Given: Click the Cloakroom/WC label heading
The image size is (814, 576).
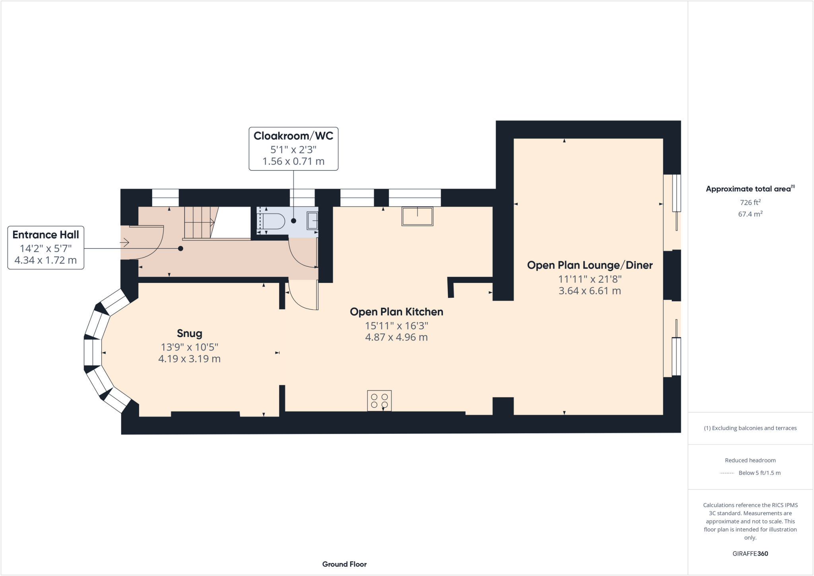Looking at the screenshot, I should pyautogui.click(x=293, y=136).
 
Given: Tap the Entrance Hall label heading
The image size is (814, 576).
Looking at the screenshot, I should pyautogui.click(x=46, y=235).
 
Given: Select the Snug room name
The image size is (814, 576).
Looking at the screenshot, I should pyautogui.click(x=189, y=333).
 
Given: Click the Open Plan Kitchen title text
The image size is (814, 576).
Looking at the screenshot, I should pyautogui.click(x=396, y=312).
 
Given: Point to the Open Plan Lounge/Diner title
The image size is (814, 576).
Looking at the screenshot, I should pyautogui.click(x=589, y=265).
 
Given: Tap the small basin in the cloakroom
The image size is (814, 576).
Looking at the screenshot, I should pyautogui.click(x=312, y=221).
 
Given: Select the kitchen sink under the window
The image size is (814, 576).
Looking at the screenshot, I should pyautogui.click(x=417, y=216).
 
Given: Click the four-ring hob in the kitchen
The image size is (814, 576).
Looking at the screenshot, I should pyautogui.click(x=379, y=401).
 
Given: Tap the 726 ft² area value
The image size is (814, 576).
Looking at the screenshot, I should pyautogui.click(x=750, y=202).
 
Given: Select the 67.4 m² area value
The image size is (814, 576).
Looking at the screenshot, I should pyautogui.click(x=750, y=214).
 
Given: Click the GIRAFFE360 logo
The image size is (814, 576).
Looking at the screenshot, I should pyautogui.click(x=750, y=553).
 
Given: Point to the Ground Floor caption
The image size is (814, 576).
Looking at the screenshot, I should pyautogui.click(x=344, y=564).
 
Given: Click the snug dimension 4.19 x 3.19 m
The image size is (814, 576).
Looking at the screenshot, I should pyautogui.click(x=189, y=359).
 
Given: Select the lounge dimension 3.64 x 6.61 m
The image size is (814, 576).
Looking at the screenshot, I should pyautogui.click(x=589, y=291).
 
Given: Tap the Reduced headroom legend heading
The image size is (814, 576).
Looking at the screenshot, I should pyautogui.click(x=750, y=460).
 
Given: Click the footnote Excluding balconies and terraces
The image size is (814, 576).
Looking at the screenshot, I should pyautogui.click(x=750, y=428).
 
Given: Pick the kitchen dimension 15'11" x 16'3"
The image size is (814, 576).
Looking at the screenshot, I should pyautogui.click(x=396, y=326).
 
